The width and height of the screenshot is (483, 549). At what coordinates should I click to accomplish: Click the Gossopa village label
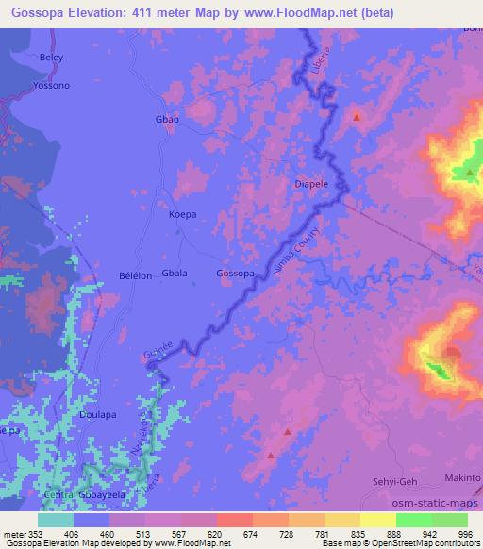tap(235, 274)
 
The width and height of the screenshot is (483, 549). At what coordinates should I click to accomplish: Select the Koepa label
tap(182, 215)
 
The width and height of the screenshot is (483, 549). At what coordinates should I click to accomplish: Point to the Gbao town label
tap(166, 121)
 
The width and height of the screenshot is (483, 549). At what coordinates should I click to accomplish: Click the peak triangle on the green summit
tap(469, 173)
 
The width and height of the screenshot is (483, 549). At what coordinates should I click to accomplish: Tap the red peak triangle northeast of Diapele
tap(357, 117)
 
